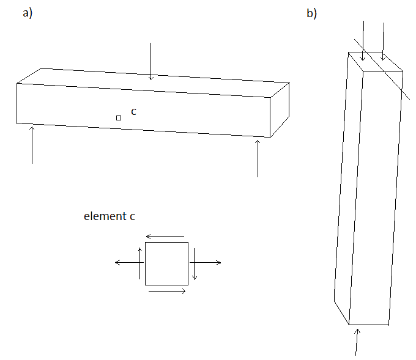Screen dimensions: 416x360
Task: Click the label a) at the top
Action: click(x=28, y=13)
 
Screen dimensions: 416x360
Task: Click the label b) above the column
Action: click(x=312, y=13)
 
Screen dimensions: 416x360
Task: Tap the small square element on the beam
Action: click(x=119, y=118)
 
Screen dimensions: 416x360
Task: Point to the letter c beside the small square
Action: click(x=134, y=112)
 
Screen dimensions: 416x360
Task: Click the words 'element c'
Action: click(x=110, y=216)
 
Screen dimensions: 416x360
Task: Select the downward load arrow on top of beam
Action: click(x=150, y=61)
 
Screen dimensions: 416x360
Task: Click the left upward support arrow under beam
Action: click(x=32, y=145)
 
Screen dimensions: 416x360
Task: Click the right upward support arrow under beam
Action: click(x=258, y=158)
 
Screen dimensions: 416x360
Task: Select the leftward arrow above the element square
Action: click(x=165, y=236)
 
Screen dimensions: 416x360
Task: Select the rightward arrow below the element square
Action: click(x=167, y=292)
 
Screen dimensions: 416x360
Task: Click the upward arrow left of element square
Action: click(x=140, y=263)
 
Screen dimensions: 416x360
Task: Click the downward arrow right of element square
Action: click(x=195, y=264)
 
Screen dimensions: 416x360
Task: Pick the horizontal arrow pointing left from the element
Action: click(x=130, y=262)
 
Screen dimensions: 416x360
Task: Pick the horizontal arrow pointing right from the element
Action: click(x=206, y=263)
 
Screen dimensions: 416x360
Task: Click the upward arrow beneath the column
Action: click(x=357, y=342)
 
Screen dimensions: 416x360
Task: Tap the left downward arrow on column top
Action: click(x=363, y=41)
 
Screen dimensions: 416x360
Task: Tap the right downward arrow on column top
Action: click(x=383, y=42)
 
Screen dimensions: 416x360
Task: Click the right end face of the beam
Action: click(x=280, y=110)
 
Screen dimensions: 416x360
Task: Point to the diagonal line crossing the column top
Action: click(x=382, y=70)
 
